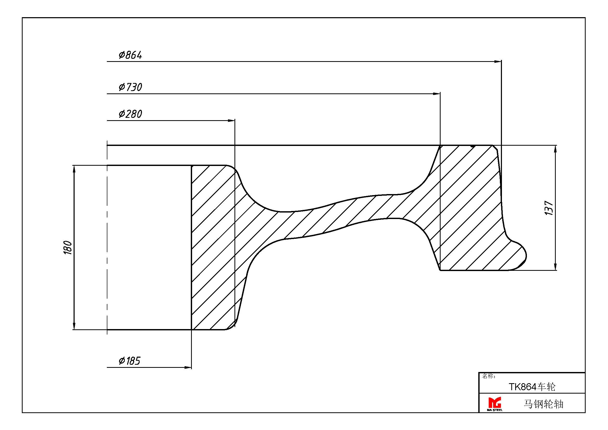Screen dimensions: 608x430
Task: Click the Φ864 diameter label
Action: pos(130,55)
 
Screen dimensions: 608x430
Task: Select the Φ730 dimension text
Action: pos(130,87)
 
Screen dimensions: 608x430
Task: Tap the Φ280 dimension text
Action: pos(130,114)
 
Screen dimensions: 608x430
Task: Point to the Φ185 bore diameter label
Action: pos(129,361)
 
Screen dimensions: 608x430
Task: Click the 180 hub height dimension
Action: pos(68,247)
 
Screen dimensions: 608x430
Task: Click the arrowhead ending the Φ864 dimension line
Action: pos(498,61)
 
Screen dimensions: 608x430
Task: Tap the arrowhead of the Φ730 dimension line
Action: pos(437,94)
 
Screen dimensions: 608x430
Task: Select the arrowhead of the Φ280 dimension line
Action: pos(231,120)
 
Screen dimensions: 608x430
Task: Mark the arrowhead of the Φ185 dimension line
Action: pos(188,368)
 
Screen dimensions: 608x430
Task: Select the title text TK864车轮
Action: pos(532,387)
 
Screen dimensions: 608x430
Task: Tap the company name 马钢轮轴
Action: pos(543,404)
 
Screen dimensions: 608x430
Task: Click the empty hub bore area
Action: pos(149,247)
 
